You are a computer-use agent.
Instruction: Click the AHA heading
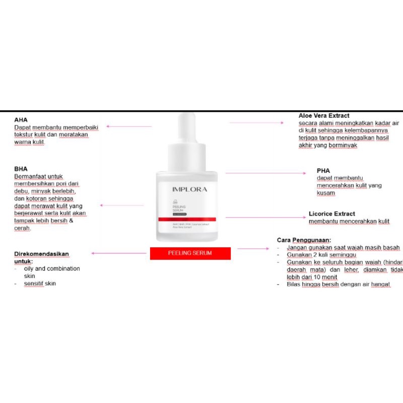(21, 120)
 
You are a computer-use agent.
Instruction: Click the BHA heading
(21, 169)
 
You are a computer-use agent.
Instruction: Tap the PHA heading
(323, 170)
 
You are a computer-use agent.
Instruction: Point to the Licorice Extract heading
(331, 214)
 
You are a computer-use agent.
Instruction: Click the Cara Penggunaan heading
(304, 240)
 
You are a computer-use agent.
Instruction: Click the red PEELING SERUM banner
(190, 253)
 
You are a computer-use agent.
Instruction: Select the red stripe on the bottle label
(187, 219)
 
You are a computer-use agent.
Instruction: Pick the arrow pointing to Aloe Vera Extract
(257, 122)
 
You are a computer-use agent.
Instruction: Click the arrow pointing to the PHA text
(265, 173)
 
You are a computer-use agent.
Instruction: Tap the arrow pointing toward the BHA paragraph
(122, 205)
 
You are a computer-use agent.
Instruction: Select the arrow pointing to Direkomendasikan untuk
(118, 253)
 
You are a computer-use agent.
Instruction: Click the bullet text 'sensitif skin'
(40, 284)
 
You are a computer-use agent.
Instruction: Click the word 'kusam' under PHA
(326, 193)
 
